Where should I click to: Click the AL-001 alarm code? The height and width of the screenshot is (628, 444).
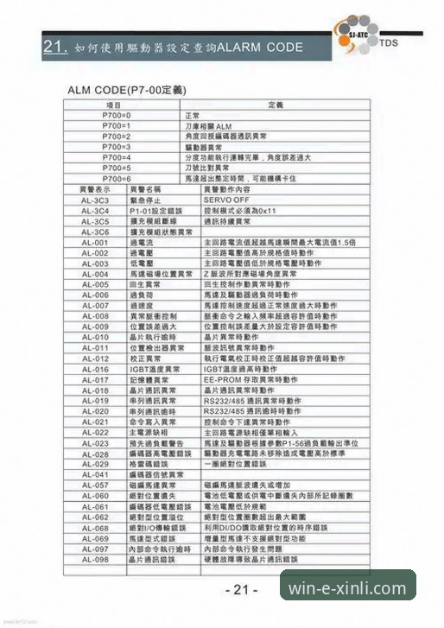94,242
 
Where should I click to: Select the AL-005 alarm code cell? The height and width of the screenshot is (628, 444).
94,284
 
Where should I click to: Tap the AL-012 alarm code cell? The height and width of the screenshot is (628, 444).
94,358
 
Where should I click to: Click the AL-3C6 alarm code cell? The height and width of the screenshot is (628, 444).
94,232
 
